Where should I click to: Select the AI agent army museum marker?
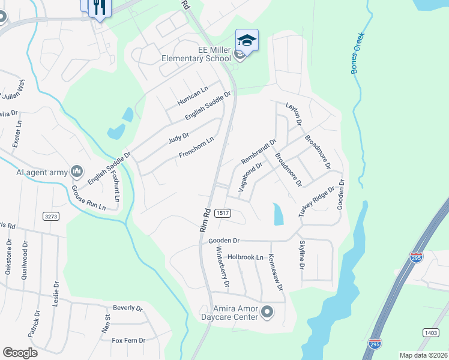[76, 172]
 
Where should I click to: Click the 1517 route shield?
[223, 213]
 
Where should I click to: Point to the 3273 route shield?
[51, 215]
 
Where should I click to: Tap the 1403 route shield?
[430, 332]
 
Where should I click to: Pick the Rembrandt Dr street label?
[258, 152]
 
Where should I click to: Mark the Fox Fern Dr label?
[128, 340]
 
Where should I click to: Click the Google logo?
[20, 353]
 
